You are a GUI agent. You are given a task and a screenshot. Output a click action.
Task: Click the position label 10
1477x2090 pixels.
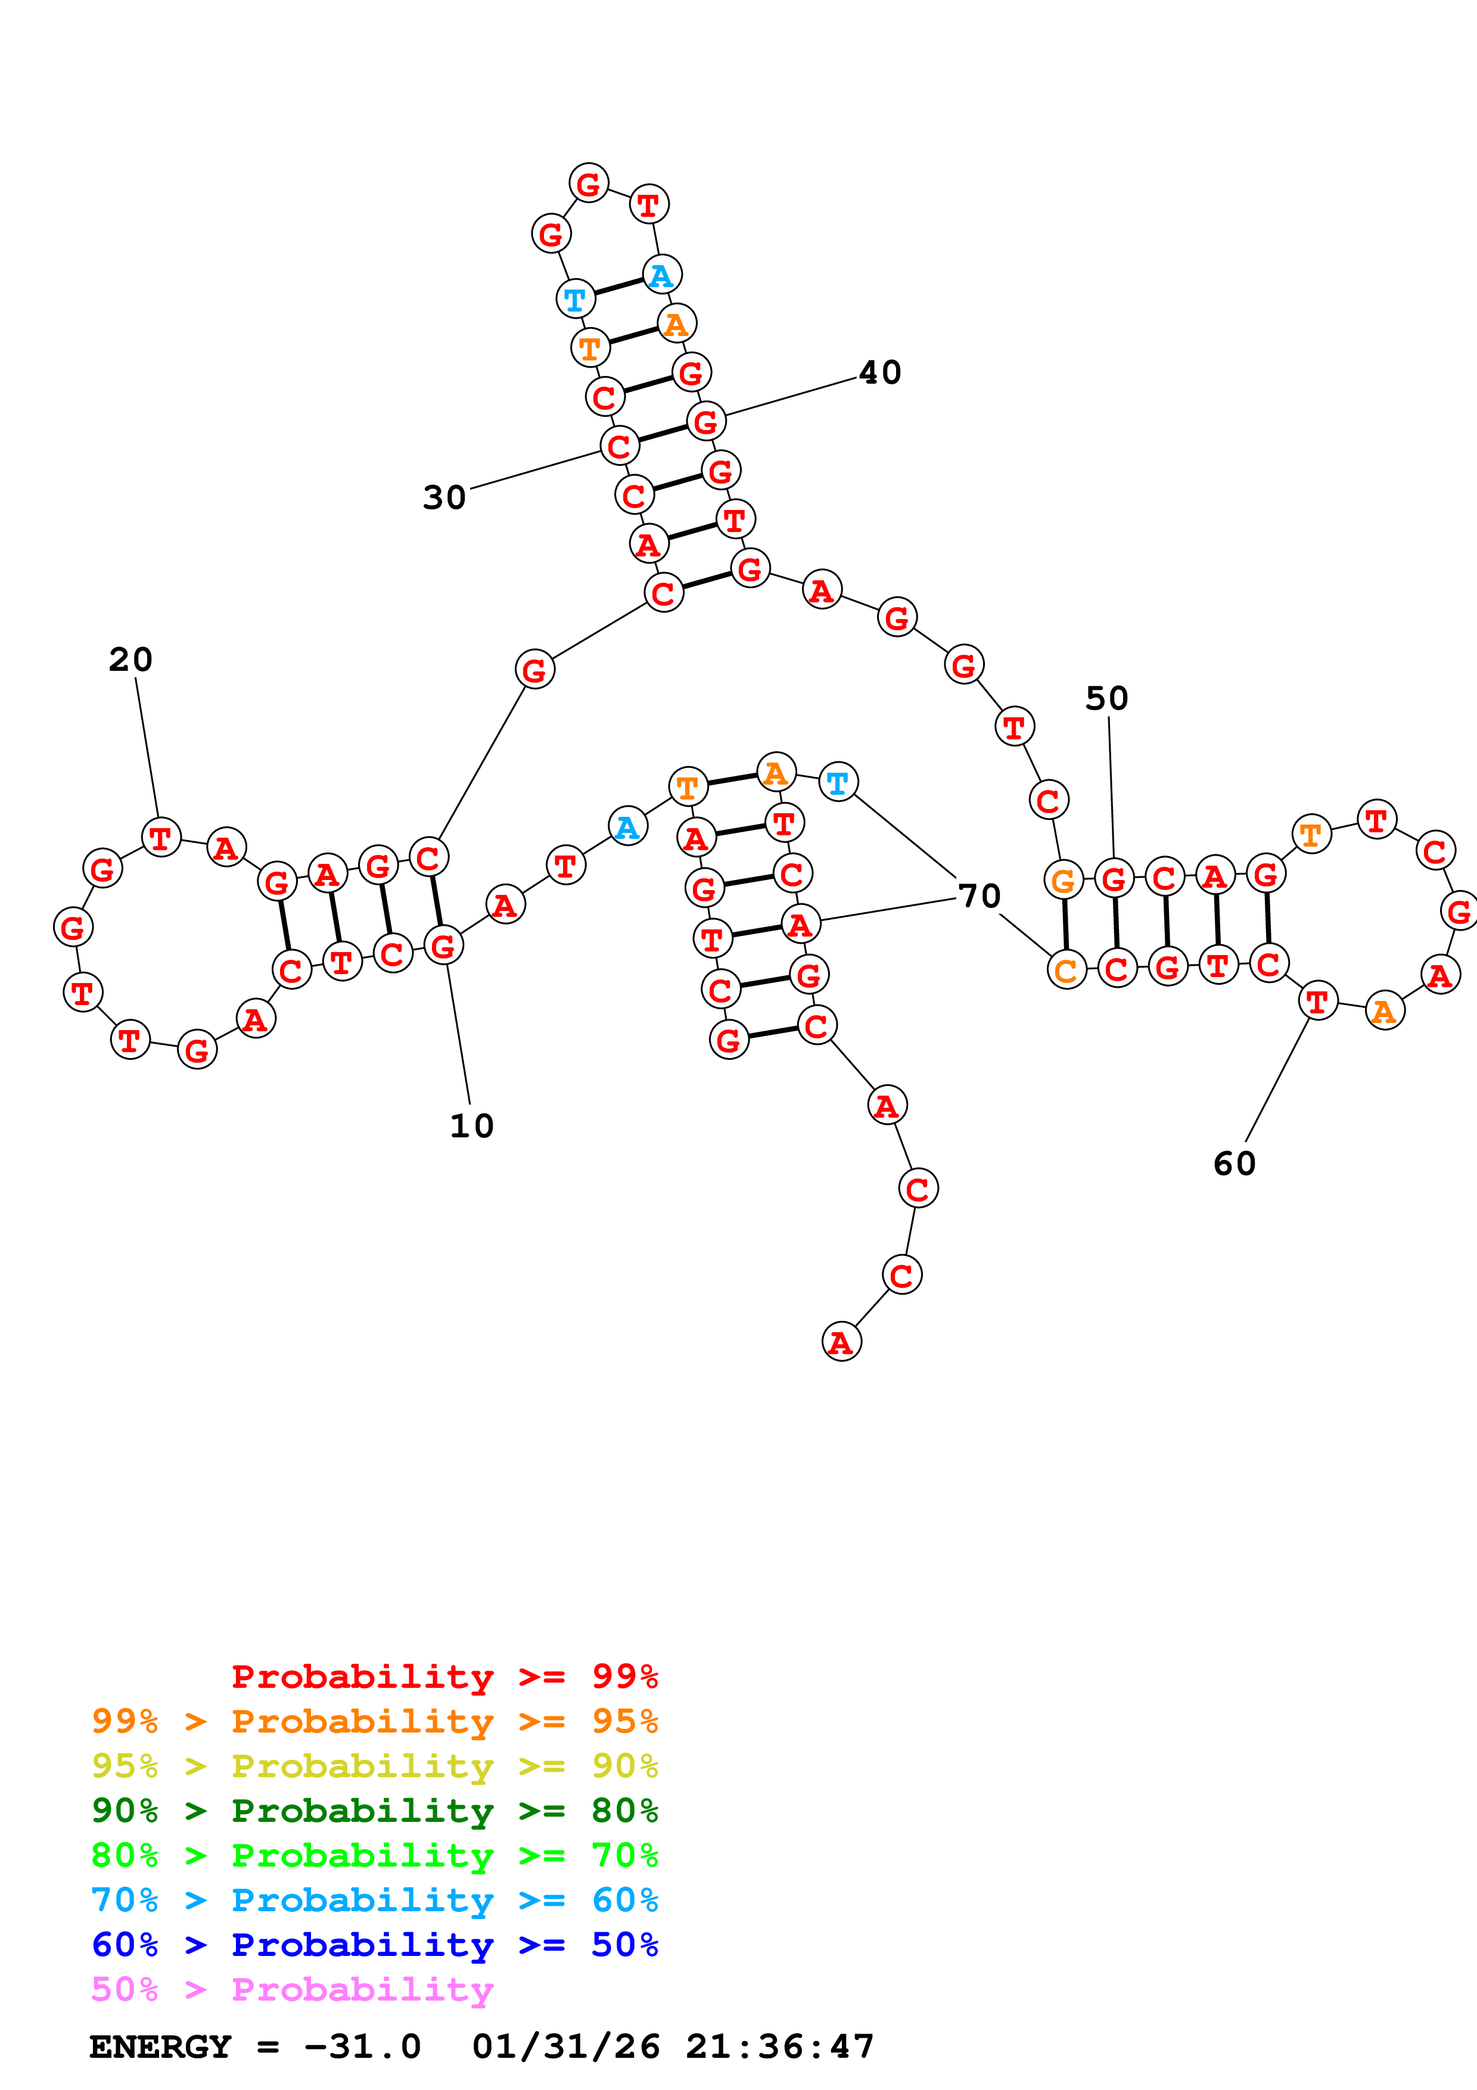click(471, 1126)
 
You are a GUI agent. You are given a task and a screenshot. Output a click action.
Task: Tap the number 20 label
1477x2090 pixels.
click(130, 659)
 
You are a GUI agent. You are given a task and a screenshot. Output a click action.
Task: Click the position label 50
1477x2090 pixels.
click(1106, 698)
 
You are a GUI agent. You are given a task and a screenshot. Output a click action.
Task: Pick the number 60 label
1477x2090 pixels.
click(1234, 1164)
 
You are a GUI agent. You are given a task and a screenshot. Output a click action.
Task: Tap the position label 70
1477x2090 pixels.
click(980, 895)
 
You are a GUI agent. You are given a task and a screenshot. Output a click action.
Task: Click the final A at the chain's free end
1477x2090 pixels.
click(841, 1342)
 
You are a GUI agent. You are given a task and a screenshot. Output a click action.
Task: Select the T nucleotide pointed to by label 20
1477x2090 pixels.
click(161, 838)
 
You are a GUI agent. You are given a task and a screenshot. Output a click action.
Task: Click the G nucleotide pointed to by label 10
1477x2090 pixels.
click(443, 946)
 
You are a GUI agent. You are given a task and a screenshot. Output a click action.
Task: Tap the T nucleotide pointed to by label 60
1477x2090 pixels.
click(1317, 1002)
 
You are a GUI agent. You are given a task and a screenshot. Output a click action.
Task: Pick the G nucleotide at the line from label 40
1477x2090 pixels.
click(705, 421)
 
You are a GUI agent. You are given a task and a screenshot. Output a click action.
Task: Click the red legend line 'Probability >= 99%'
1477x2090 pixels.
click(444, 1677)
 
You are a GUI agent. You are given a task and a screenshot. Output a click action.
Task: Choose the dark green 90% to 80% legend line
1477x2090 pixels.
click(374, 1811)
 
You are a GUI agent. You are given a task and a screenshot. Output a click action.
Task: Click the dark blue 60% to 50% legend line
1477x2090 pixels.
click(374, 1945)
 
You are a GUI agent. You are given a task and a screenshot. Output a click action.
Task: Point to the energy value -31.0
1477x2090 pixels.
click(362, 2047)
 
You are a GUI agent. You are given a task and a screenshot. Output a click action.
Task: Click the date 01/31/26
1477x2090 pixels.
click(565, 2047)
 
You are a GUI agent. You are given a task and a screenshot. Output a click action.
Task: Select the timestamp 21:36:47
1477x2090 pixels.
click(780, 2047)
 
